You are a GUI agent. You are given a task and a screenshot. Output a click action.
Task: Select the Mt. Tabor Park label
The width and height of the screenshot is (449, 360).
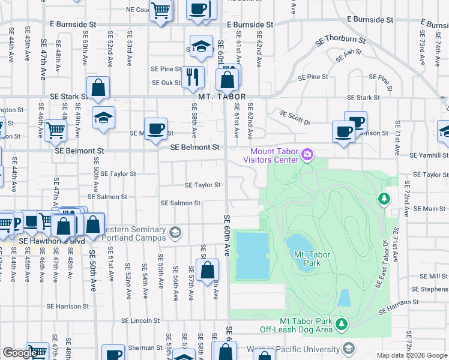point(312,259)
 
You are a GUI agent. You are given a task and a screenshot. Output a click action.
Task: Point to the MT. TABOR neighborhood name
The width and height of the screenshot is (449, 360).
point(221,97)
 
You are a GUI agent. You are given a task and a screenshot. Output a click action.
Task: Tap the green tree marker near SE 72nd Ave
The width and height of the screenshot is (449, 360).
point(383,198)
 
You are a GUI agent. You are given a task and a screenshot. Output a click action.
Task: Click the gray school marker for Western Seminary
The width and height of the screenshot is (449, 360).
point(175,233)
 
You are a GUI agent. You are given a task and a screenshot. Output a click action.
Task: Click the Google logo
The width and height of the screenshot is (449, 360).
point(20,353)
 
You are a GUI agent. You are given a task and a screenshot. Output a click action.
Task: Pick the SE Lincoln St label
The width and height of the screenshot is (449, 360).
point(139,321)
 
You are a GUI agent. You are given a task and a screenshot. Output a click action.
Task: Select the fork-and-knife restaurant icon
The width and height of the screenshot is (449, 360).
point(192,76)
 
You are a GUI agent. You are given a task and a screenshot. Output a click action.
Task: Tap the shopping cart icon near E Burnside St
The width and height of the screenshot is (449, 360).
point(160,10)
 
